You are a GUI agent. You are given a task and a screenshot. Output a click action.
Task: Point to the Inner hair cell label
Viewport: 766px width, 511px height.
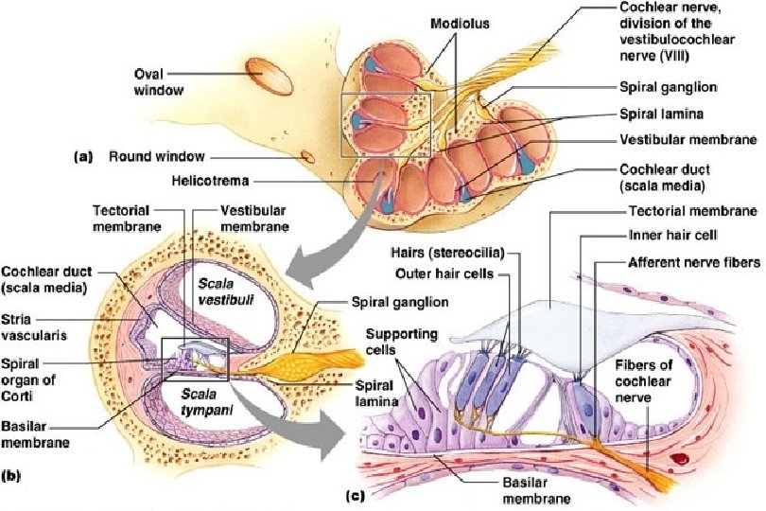(668, 234)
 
